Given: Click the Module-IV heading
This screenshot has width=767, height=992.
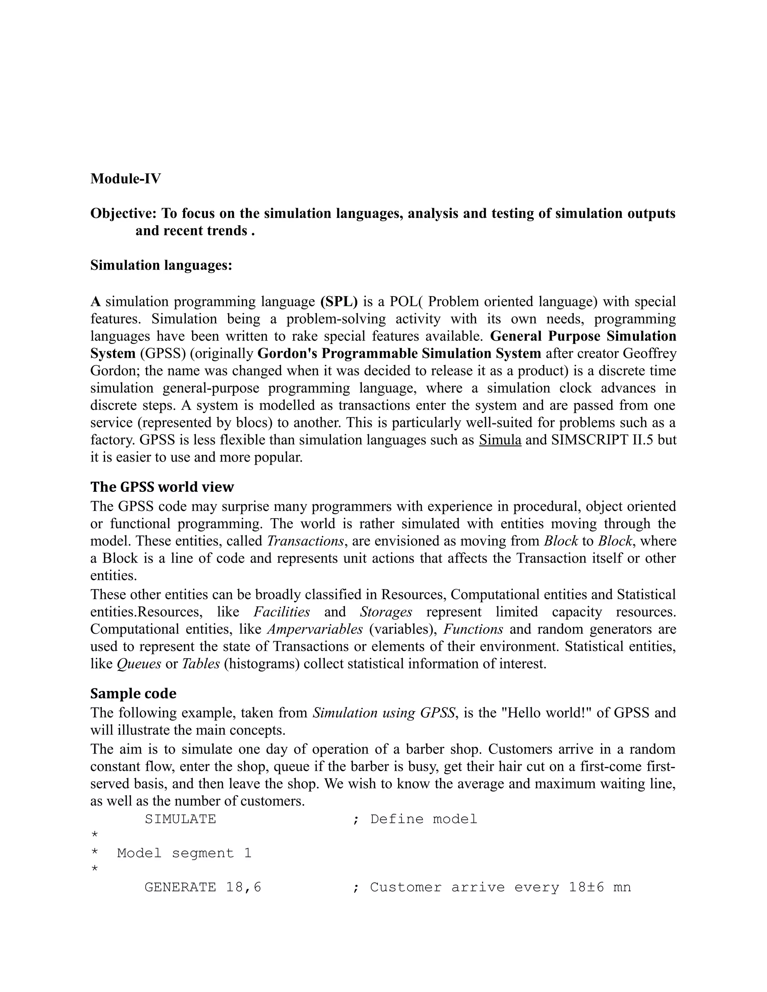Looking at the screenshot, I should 125,179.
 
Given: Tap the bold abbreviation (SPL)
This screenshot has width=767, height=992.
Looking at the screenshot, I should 339,301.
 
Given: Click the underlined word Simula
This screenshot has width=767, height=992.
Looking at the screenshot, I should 500,440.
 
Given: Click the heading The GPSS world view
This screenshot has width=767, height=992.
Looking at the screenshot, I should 162,487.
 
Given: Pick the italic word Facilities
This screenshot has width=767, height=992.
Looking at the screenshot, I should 282,612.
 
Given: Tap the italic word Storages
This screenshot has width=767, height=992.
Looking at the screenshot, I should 386,612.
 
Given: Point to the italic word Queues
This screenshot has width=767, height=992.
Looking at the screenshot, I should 139,664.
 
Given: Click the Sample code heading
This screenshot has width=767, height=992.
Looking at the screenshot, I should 133,694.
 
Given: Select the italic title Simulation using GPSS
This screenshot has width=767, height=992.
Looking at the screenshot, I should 383,713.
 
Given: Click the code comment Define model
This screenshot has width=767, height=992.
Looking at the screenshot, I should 424,819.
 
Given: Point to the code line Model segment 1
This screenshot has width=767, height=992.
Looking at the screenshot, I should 184,853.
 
